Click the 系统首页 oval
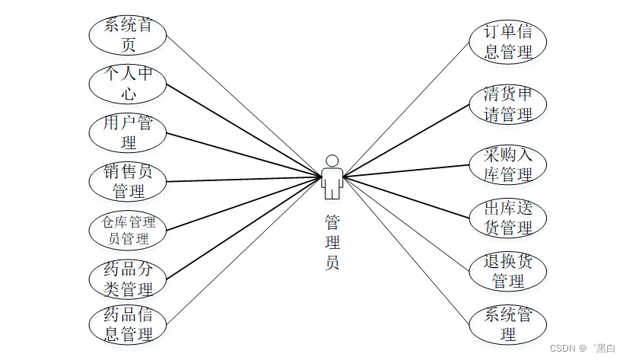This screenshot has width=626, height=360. [128, 35]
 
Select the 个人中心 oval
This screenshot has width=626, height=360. [128, 84]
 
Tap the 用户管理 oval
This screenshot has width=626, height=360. [128, 132]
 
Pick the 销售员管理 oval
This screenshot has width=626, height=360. [128, 181]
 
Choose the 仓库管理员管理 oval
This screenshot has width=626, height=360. [128, 230]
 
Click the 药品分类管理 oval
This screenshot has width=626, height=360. [128, 279]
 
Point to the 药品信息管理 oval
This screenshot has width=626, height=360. [128, 324]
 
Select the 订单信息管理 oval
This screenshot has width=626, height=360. [507, 42]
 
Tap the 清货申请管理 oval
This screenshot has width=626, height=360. [507, 104]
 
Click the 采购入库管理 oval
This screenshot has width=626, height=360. [507, 164]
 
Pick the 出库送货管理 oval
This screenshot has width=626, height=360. [507, 218]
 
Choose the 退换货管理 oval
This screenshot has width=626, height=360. [507, 271]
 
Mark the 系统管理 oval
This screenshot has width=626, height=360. [507, 324]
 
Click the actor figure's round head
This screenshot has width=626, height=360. [332, 161]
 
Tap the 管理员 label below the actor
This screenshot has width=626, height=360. [332, 243]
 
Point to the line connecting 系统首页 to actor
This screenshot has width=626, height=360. [243, 107]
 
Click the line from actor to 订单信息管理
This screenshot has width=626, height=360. [407, 110]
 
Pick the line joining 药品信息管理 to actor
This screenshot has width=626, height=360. [243, 252]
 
